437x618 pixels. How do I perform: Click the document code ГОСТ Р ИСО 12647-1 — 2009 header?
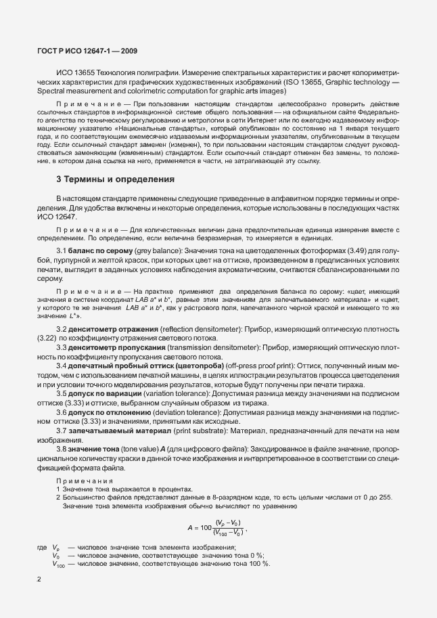[87, 51]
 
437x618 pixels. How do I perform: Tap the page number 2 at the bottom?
[39, 579]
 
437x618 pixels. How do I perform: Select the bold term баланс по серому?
[103, 251]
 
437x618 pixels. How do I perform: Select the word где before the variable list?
[41, 547]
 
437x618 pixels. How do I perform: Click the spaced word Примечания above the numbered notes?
[83, 480]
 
